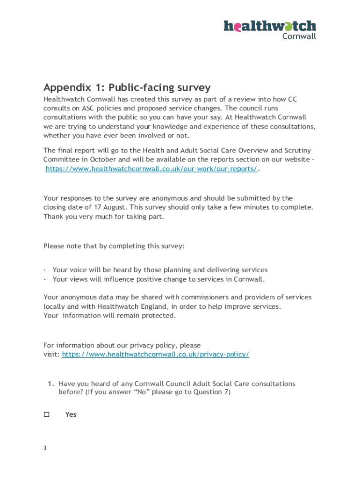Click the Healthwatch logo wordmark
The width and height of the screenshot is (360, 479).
pos(270,26)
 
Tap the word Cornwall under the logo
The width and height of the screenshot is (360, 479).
pos(299,36)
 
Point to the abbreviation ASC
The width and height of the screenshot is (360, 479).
pos(91,108)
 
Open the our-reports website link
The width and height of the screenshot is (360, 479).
pos(151,169)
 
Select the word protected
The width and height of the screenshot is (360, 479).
pos(159,315)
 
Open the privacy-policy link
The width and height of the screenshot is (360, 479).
pos(156,355)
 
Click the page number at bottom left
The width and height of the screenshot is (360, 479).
pos(45,448)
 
